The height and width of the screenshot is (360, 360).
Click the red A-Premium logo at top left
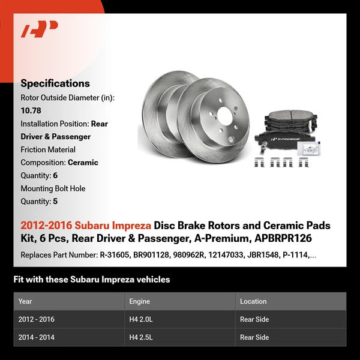[x=40, y=29]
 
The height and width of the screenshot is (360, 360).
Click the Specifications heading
[x=55, y=83]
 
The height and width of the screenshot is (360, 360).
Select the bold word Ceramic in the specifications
[x=83, y=162]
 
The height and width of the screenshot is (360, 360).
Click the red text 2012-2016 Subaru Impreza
[x=86, y=226]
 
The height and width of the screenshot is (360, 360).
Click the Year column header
[x=25, y=301]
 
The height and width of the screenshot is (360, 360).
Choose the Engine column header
[x=139, y=301]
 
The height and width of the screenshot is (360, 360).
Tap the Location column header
[x=253, y=301]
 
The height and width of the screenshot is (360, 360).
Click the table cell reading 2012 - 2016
[x=36, y=319]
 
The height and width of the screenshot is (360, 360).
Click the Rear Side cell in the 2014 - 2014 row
[x=254, y=337]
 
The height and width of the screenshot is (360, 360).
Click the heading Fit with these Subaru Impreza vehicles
[x=91, y=280]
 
